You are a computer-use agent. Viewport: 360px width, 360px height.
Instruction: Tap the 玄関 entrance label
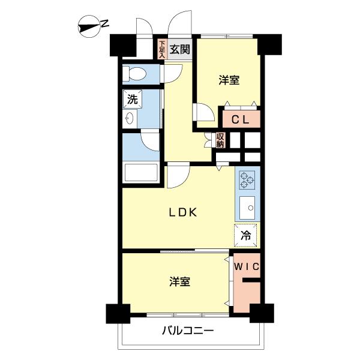click(x=178, y=49)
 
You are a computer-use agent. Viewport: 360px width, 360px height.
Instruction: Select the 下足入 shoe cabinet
click(x=161, y=49)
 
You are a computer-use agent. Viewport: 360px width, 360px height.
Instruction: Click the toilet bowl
click(x=135, y=74)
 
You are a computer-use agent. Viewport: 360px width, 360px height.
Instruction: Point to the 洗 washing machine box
click(x=132, y=99)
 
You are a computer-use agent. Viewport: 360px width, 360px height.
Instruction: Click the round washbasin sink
click(x=130, y=119)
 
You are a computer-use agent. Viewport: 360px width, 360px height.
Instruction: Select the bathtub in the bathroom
click(x=140, y=173)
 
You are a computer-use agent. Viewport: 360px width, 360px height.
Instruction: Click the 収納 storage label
click(x=220, y=140)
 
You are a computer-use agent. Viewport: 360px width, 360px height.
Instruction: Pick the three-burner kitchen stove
click(x=247, y=179)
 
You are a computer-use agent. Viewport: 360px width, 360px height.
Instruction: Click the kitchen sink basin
click(x=247, y=208)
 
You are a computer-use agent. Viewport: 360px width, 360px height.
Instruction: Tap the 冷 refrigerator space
click(x=247, y=235)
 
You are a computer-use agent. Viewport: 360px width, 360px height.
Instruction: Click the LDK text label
click(x=182, y=212)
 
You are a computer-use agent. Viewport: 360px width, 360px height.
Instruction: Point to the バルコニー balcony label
click(x=188, y=331)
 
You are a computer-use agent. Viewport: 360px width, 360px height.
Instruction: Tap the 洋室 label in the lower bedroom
click(x=179, y=281)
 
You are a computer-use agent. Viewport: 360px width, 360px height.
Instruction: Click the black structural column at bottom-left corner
click(x=118, y=314)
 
